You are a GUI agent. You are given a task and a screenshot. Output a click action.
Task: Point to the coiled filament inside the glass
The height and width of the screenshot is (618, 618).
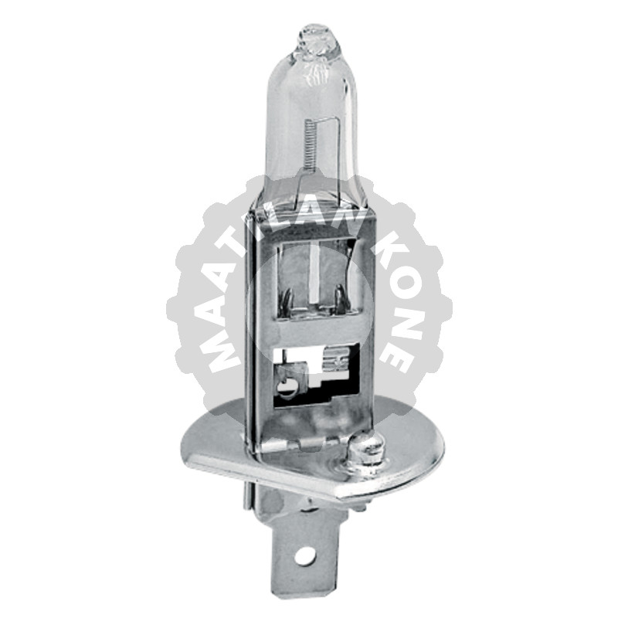[309, 147]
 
